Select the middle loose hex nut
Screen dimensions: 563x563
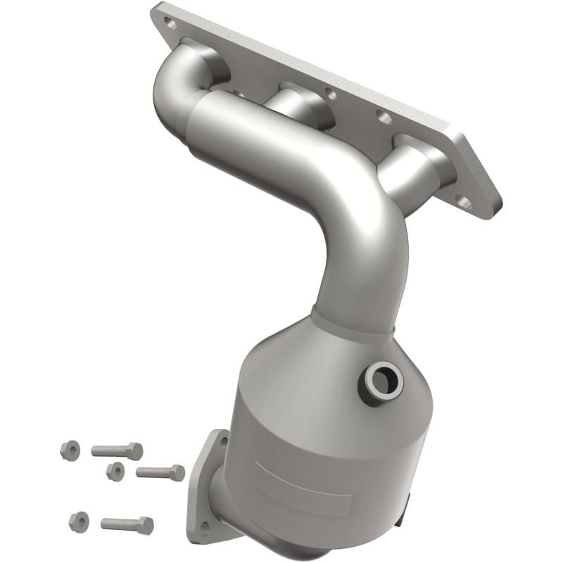(x=115, y=471)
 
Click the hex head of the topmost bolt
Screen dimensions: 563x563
(x=134, y=451)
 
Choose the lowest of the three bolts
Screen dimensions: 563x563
(x=127, y=524)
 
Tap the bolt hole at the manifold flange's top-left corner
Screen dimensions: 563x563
(x=169, y=22)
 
